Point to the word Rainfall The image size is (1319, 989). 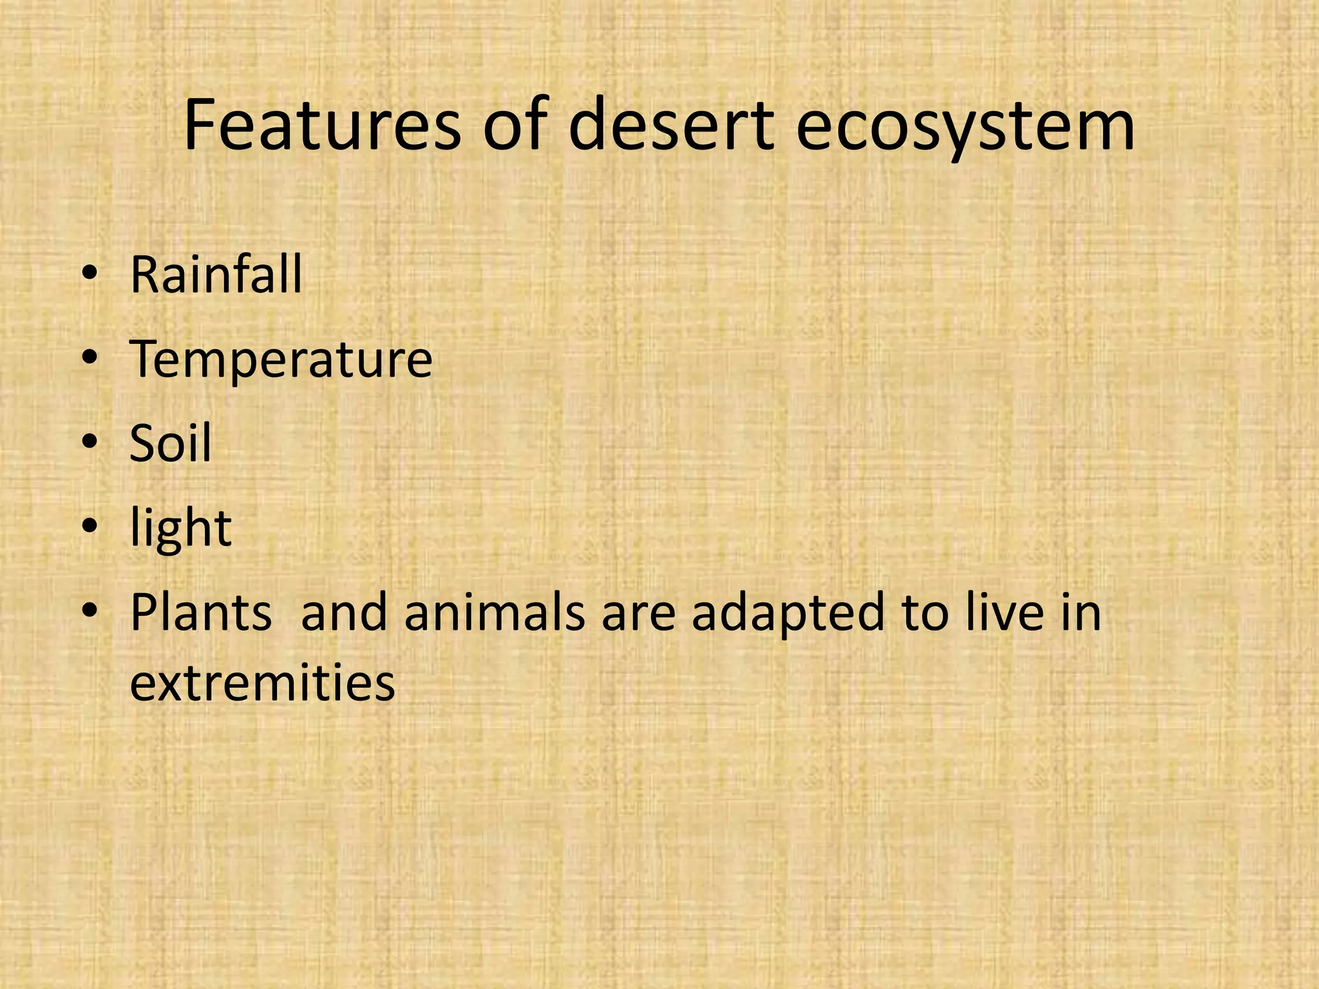(216, 275)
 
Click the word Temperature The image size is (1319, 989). (281, 360)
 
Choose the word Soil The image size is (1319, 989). (170, 444)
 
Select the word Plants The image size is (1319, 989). (201, 612)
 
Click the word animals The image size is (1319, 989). (495, 612)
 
